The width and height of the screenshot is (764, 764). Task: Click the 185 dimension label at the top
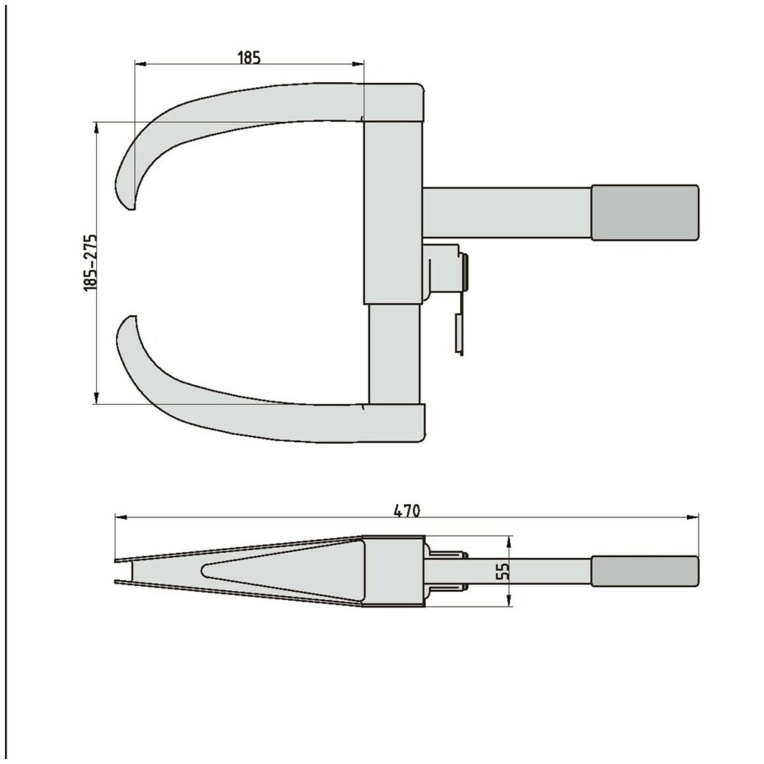point(249,58)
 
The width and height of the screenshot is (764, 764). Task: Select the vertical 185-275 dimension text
point(90,263)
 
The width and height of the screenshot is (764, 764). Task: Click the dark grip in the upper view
point(644,213)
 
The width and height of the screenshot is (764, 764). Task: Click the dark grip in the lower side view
point(644,571)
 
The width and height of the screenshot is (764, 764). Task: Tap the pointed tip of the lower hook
point(132,317)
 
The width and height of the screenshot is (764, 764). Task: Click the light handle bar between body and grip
point(506,213)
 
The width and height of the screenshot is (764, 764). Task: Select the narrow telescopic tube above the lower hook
point(393,354)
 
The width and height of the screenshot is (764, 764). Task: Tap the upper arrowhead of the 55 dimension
point(509,541)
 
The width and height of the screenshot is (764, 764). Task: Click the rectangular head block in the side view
point(393,571)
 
